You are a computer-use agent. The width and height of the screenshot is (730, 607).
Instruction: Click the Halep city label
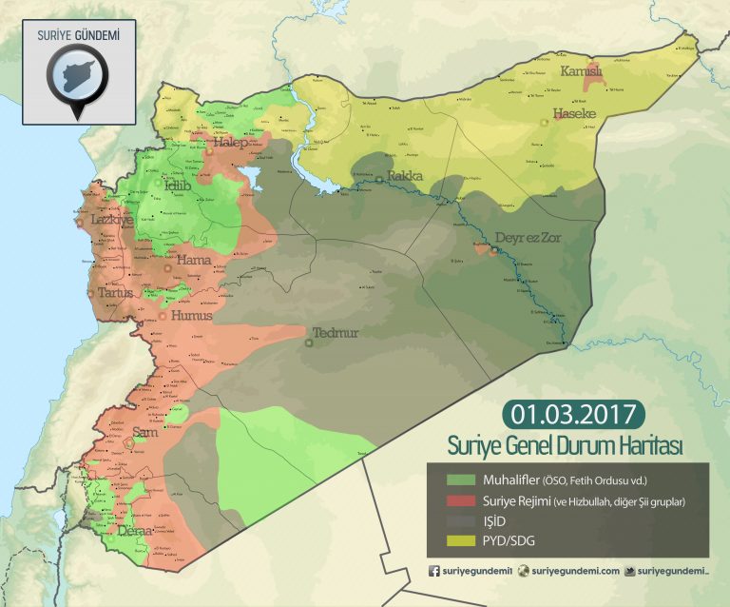point(230,143)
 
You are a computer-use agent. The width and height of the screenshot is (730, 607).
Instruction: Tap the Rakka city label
point(405,177)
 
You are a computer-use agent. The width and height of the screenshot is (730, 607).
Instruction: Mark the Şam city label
point(146,433)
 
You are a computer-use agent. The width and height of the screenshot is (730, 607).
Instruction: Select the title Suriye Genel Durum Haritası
point(567,445)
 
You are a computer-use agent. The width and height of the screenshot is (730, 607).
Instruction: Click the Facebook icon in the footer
point(434,571)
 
